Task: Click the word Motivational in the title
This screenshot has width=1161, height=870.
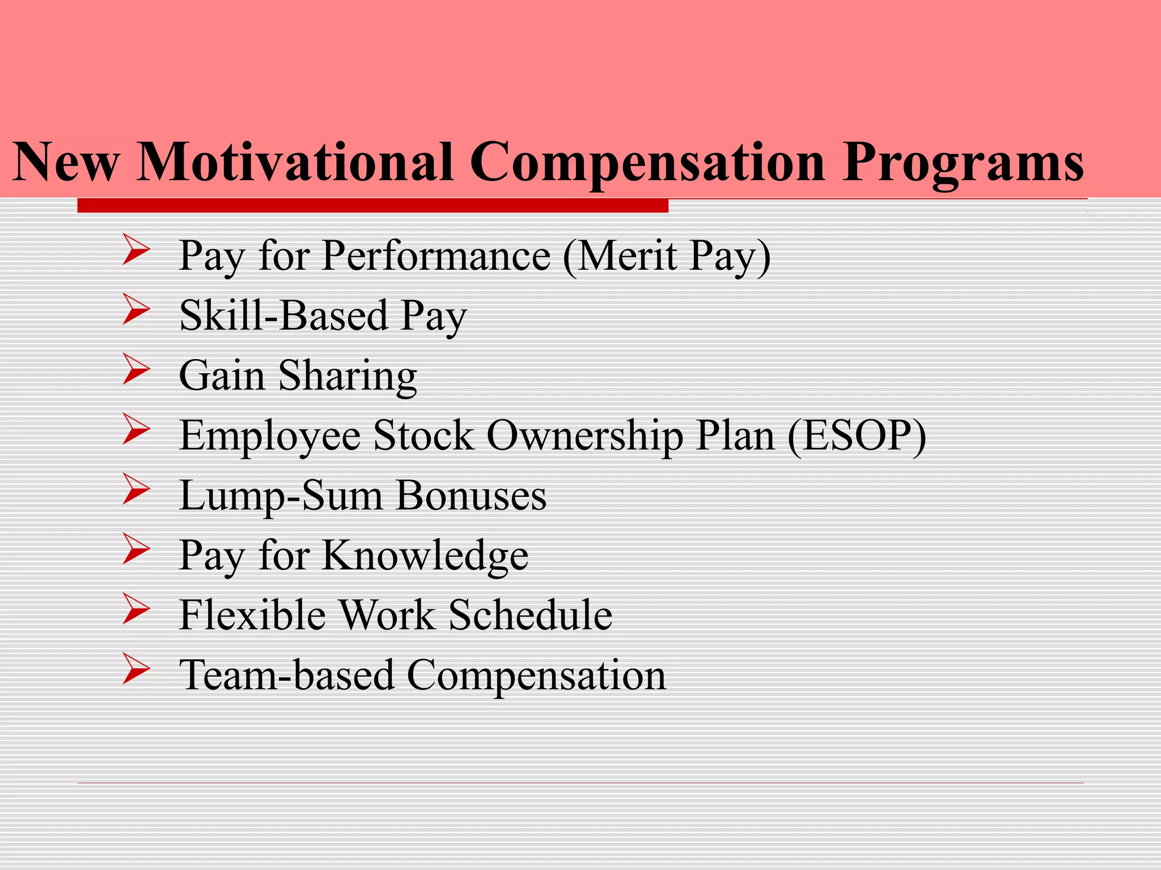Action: (x=295, y=163)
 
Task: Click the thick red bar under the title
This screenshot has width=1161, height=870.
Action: (x=372, y=206)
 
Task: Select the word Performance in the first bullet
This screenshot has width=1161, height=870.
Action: (x=436, y=256)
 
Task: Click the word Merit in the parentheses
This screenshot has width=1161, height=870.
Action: (x=628, y=256)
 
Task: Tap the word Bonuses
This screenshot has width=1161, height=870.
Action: (x=471, y=496)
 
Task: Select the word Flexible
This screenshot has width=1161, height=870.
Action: (x=252, y=615)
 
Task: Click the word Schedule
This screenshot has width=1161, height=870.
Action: (x=530, y=615)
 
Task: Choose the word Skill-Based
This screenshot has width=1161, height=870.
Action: (x=283, y=315)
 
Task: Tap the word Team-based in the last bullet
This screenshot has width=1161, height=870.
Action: (x=286, y=675)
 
